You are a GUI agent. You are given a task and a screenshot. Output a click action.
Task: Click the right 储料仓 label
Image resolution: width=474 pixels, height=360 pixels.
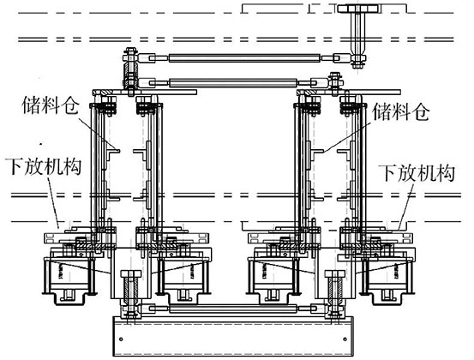[x=400, y=110]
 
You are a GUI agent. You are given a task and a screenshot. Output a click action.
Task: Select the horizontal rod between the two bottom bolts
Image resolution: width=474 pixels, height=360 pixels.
[x=231, y=307]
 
